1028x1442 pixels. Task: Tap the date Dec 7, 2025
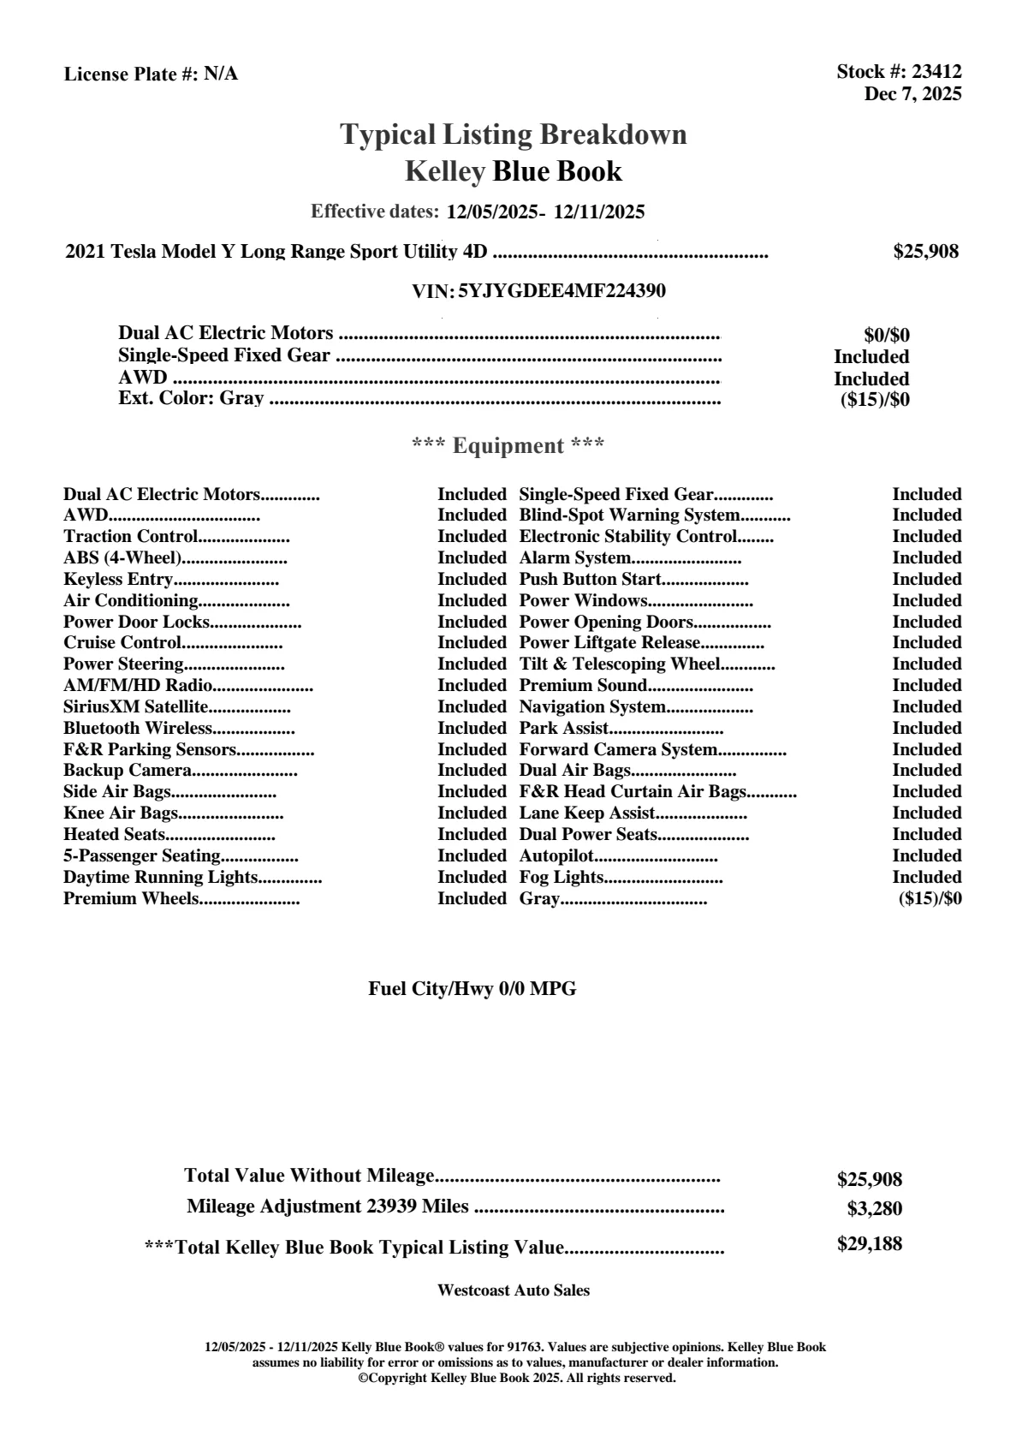912,94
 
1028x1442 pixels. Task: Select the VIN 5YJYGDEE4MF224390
562,291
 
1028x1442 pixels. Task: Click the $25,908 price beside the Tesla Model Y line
925,251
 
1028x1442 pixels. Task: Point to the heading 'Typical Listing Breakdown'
514,134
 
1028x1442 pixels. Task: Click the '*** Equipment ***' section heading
508,446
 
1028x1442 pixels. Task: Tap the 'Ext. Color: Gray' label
191,398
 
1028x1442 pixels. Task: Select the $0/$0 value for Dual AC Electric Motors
886,336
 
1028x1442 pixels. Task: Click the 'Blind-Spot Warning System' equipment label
629,515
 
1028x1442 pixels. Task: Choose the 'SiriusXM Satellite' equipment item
136,707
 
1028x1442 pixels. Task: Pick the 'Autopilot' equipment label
556,856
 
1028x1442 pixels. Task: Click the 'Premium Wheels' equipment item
131,899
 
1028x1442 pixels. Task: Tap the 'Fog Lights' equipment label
562,878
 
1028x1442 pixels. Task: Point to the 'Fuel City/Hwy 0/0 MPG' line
472,989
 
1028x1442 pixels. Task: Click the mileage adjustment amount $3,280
874,1209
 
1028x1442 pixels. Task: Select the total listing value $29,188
869,1244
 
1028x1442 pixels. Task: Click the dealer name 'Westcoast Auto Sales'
513,1290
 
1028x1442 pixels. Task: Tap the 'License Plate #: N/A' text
152,74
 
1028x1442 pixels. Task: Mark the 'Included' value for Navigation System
926,707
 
